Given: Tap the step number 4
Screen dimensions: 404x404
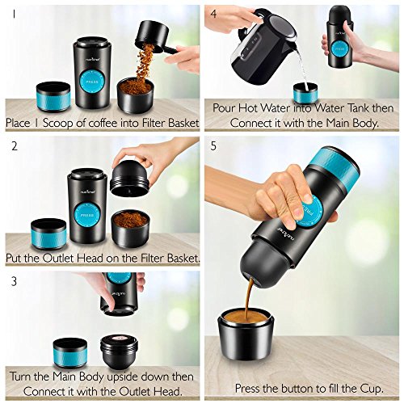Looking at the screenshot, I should [x=213, y=14].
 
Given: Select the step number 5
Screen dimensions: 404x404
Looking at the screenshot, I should [x=213, y=148].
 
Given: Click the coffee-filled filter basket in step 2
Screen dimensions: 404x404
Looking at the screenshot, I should [x=128, y=227].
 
